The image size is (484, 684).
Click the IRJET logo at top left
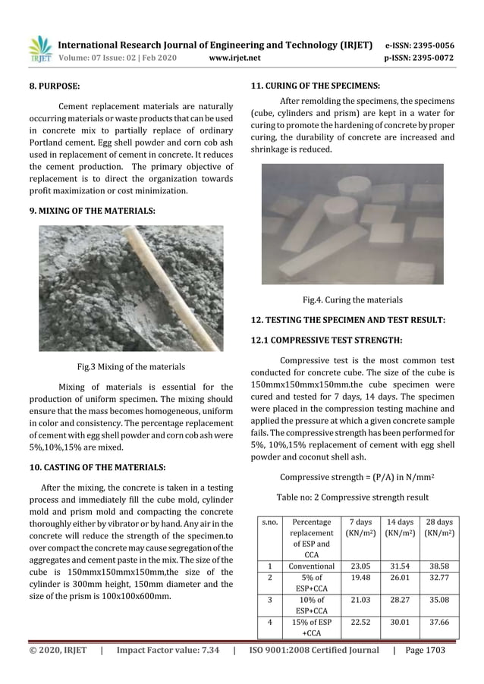click(x=40, y=50)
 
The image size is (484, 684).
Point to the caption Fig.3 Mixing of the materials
click(x=131, y=367)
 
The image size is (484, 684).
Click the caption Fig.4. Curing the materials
click(x=352, y=300)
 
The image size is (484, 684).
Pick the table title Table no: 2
click(x=353, y=497)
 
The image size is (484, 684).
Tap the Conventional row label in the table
click(x=312, y=566)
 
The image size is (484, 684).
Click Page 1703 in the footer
click(x=430, y=650)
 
